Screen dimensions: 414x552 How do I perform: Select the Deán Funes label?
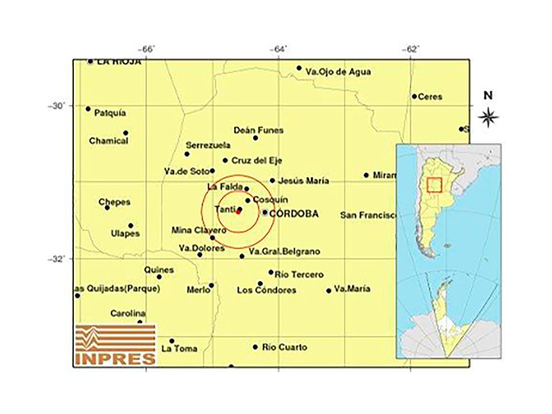(x=259, y=130)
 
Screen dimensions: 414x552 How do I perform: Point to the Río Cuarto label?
(x=285, y=348)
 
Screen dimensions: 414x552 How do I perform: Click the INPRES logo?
(x=116, y=344)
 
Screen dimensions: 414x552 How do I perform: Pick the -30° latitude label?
(x=56, y=106)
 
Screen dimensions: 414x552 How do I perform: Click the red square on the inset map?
(x=433, y=185)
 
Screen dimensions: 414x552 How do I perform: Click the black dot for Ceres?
(x=415, y=96)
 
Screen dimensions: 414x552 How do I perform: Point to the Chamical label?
(x=109, y=141)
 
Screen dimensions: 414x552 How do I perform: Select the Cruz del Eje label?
(x=256, y=160)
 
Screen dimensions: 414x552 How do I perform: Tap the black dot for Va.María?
(x=329, y=291)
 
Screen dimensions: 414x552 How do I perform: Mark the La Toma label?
(x=179, y=349)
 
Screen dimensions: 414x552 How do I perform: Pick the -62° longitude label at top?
(x=411, y=49)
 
